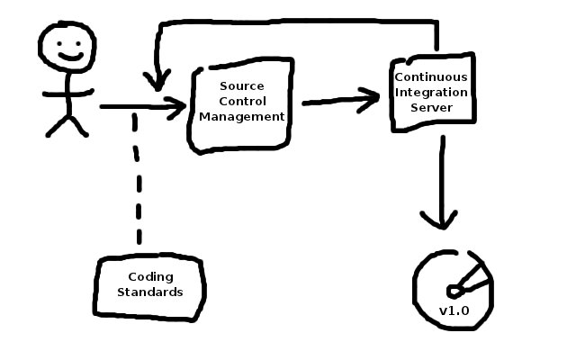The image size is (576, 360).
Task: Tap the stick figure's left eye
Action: (x=56, y=40)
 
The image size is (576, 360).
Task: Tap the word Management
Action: (x=241, y=116)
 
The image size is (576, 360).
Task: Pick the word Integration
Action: (x=431, y=92)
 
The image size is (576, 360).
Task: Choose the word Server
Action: (x=431, y=107)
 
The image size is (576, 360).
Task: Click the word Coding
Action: (x=149, y=276)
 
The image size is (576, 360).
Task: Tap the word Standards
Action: (x=149, y=292)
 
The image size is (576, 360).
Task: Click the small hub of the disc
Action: (x=455, y=290)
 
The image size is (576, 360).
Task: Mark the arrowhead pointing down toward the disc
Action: (x=440, y=220)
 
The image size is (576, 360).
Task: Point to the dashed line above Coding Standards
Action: (x=139, y=180)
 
